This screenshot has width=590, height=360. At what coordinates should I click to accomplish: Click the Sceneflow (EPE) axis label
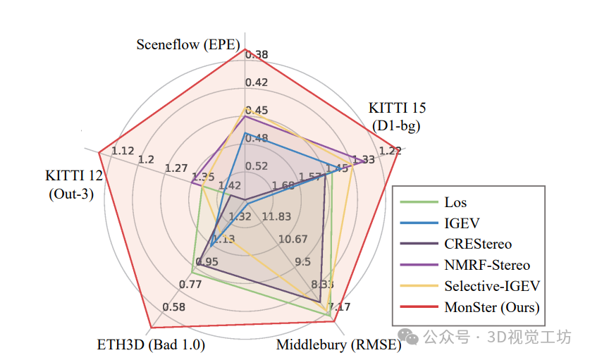pyautogui.click(x=188, y=44)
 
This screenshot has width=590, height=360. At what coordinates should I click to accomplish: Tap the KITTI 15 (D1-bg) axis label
pyautogui.click(x=396, y=117)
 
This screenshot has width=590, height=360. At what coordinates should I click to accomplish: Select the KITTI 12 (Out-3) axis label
pyautogui.click(x=73, y=185)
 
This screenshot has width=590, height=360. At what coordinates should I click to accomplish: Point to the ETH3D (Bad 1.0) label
pyautogui.click(x=150, y=345)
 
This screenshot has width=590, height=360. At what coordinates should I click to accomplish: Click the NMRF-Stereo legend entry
pyautogui.click(x=486, y=265)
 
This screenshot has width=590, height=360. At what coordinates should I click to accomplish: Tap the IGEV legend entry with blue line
pyautogui.click(x=462, y=223)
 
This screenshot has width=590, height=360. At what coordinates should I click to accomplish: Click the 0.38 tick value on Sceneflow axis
pyautogui.click(x=257, y=54)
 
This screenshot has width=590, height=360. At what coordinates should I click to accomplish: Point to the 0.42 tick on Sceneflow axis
pyautogui.click(x=257, y=82)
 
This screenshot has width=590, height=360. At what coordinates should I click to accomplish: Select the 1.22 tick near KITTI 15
pyautogui.click(x=389, y=151)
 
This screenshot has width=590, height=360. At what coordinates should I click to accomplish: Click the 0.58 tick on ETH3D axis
pyautogui.click(x=173, y=306)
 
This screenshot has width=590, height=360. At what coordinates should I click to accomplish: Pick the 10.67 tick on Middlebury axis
pyautogui.click(x=293, y=238)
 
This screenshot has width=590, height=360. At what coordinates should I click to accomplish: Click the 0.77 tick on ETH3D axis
pyautogui.click(x=190, y=285)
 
